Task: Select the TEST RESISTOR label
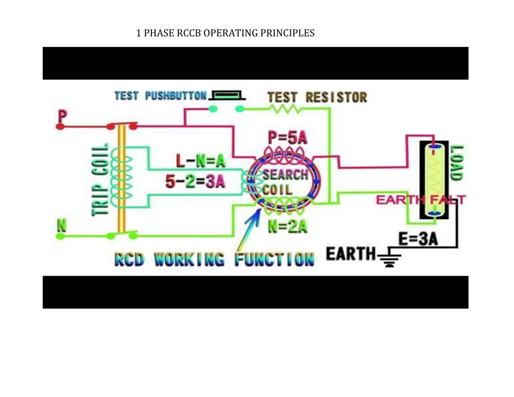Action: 317,97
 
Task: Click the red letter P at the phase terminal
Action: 62,116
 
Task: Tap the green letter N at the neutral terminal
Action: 62,225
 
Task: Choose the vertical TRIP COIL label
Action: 100,180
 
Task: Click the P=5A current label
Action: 288,138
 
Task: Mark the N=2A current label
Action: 288,226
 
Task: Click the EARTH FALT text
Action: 421,200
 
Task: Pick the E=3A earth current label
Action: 418,239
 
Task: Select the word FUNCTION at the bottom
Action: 275,259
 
